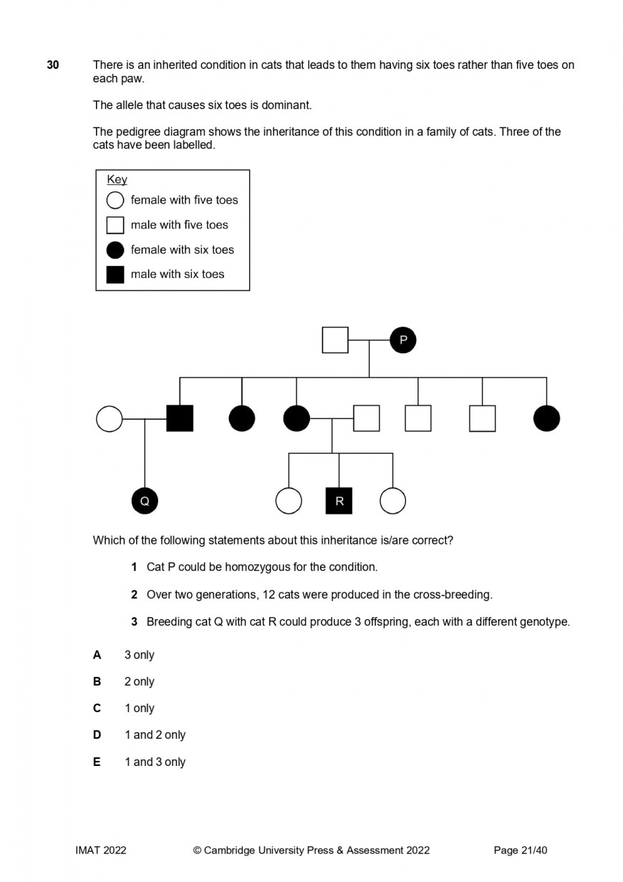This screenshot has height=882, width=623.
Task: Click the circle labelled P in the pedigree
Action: coord(402,340)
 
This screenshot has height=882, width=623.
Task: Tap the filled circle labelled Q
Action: coord(145,501)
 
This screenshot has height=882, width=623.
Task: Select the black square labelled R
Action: coord(339,501)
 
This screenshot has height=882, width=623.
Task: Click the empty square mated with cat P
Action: coord(335,340)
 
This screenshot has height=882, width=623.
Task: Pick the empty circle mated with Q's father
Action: coord(109,418)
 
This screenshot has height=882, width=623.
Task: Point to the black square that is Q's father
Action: coord(180,418)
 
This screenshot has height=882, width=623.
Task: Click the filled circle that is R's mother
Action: coord(296,418)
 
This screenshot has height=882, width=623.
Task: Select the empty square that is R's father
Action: coord(366,418)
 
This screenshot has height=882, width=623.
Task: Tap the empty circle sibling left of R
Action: coord(289,501)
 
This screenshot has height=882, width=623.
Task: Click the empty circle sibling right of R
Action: coord(392,501)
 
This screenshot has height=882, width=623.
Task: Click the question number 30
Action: coord(53,65)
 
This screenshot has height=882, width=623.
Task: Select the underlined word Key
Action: coord(117,180)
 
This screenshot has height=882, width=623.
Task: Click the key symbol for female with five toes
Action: coord(115,200)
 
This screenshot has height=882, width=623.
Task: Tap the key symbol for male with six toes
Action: coord(115,274)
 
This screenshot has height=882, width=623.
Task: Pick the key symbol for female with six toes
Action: coord(115,250)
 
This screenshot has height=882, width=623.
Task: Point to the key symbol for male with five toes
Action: coord(115,225)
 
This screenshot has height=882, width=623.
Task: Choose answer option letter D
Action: coord(97,735)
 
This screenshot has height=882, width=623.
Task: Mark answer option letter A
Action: coord(97,655)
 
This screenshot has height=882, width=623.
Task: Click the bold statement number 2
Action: coord(134,595)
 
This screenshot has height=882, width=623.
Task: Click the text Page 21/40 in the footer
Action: coord(520,850)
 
